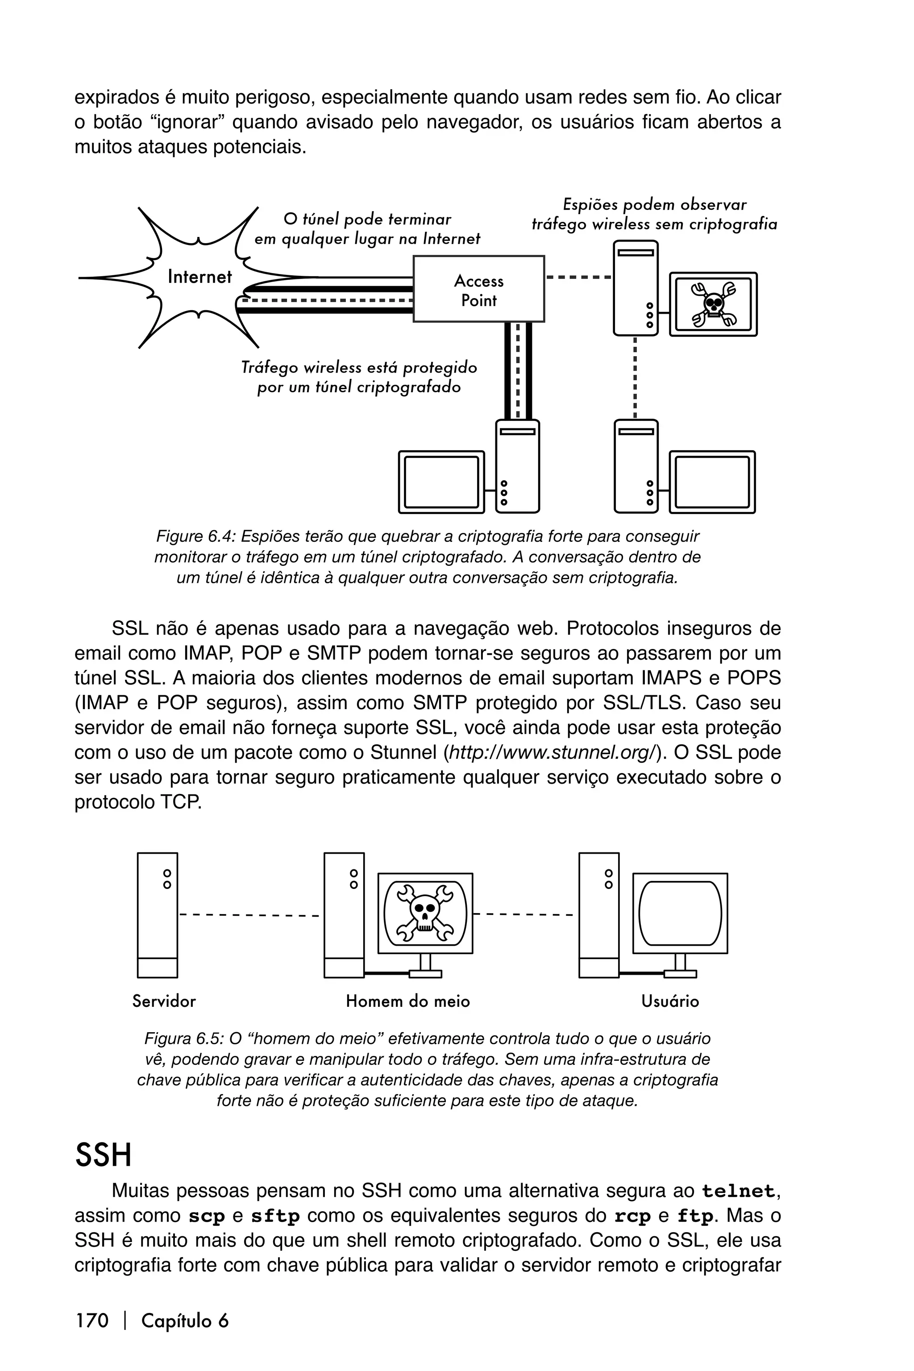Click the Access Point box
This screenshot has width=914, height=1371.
[478, 289]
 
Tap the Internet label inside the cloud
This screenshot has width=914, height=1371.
[199, 277]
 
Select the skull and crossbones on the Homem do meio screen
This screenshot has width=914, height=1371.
[425, 914]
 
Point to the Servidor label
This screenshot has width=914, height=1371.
[164, 1001]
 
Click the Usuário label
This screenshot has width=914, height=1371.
[670, 1001]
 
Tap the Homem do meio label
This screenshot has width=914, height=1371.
[407, 1001]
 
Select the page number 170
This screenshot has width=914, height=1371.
[92, 1320]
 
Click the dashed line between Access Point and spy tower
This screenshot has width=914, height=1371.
[578, 278]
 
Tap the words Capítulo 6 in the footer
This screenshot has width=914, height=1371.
[185, 1320]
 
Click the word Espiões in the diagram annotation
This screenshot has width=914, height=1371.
[589, 204]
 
